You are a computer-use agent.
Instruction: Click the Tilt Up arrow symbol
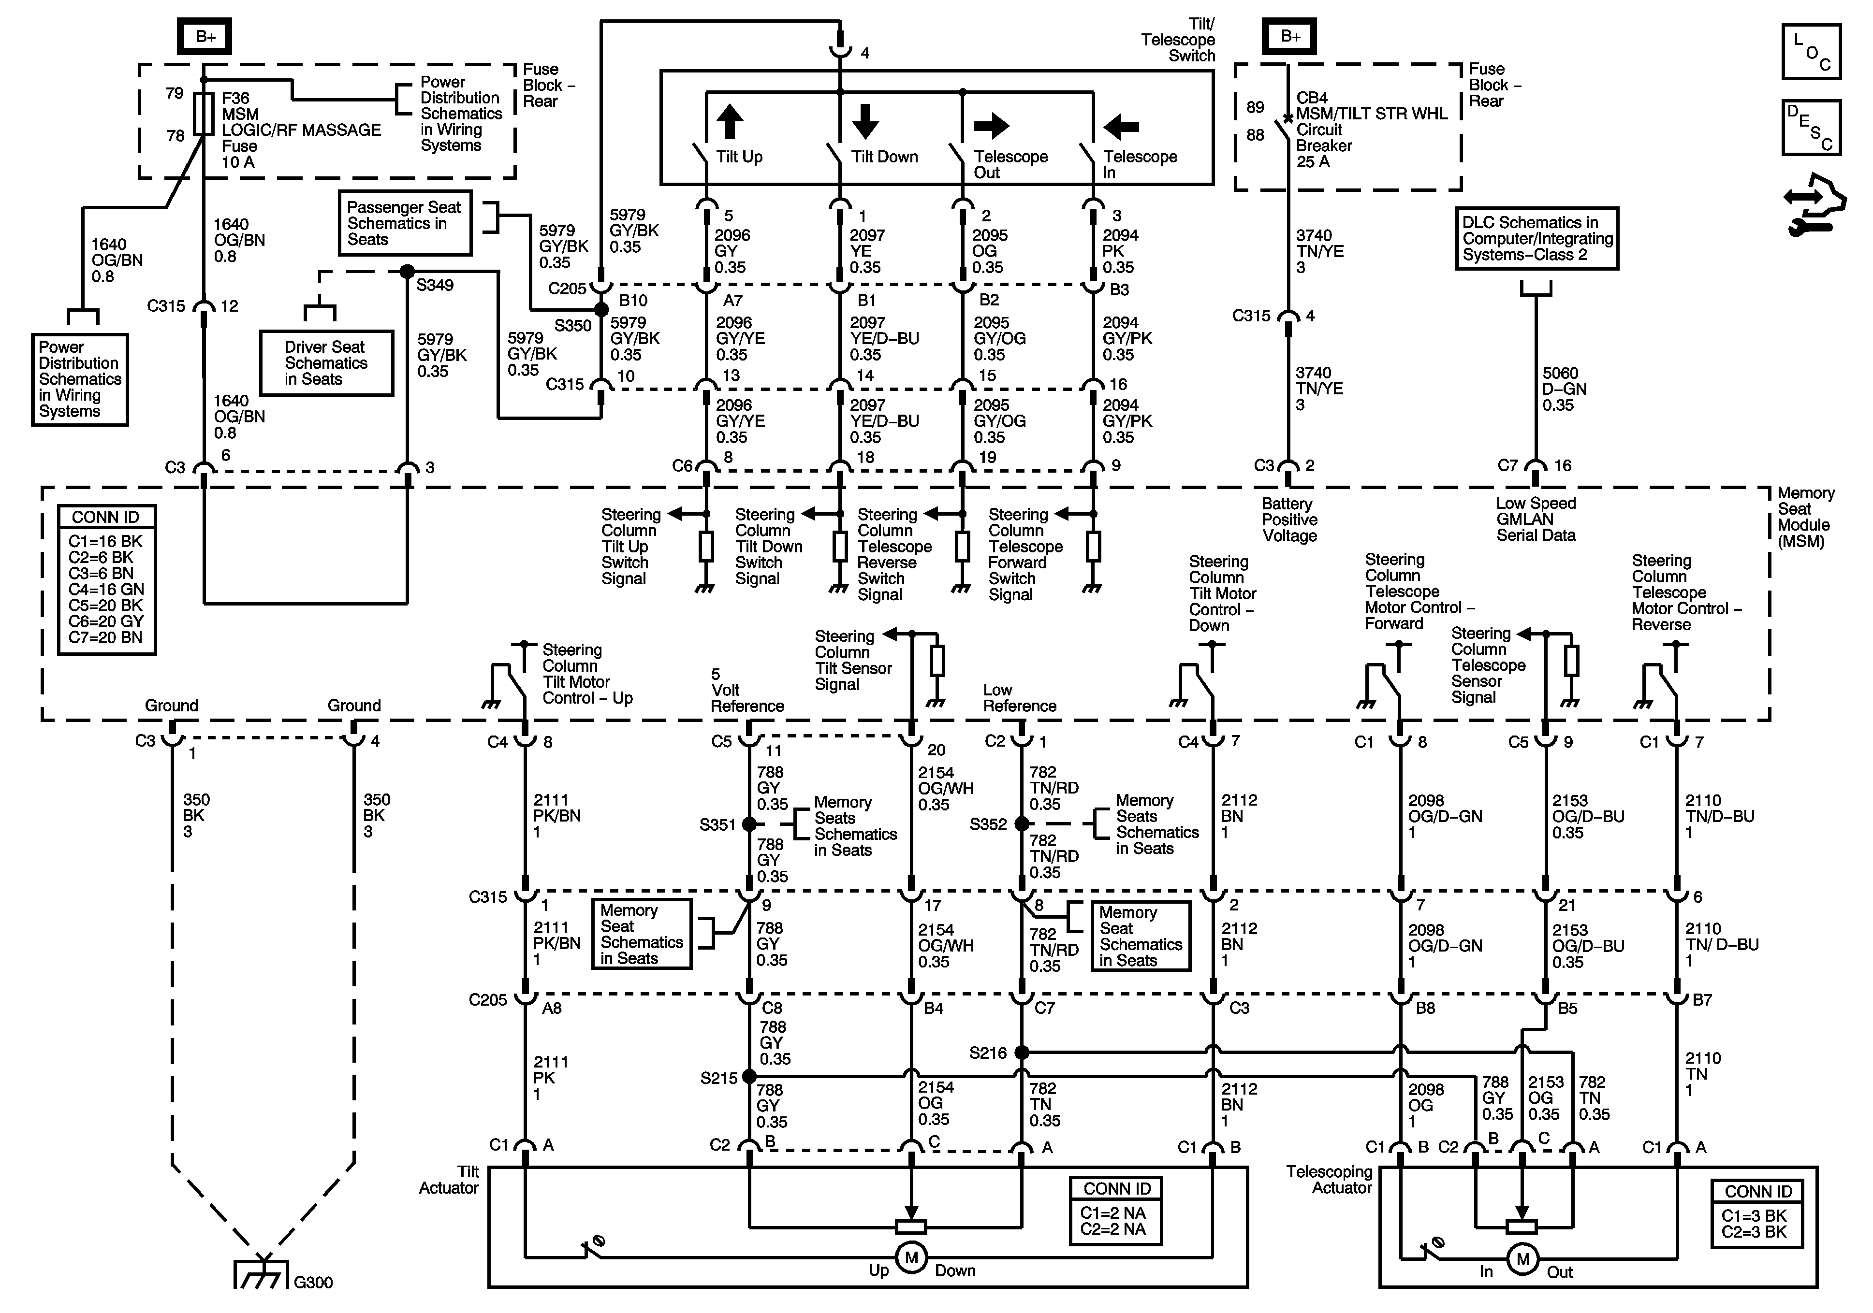coord(729,122)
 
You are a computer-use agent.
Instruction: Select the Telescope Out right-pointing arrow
coord(991,126)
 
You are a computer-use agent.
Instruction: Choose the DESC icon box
coord(1811,127)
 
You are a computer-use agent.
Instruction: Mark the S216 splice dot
coord(1021,1053)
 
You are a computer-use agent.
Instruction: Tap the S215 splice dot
coord(749,1077)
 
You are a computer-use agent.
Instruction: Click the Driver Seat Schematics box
coord(326,363)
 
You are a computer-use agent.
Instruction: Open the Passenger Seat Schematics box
coord(405,223)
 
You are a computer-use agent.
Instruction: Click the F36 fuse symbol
coord(204,114)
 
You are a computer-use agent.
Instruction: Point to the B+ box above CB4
coord(1290,36)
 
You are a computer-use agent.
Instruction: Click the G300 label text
coord(313,1282)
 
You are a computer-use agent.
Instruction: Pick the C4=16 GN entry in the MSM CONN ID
coord(106,589)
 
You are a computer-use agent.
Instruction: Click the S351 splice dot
coord(749,824)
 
